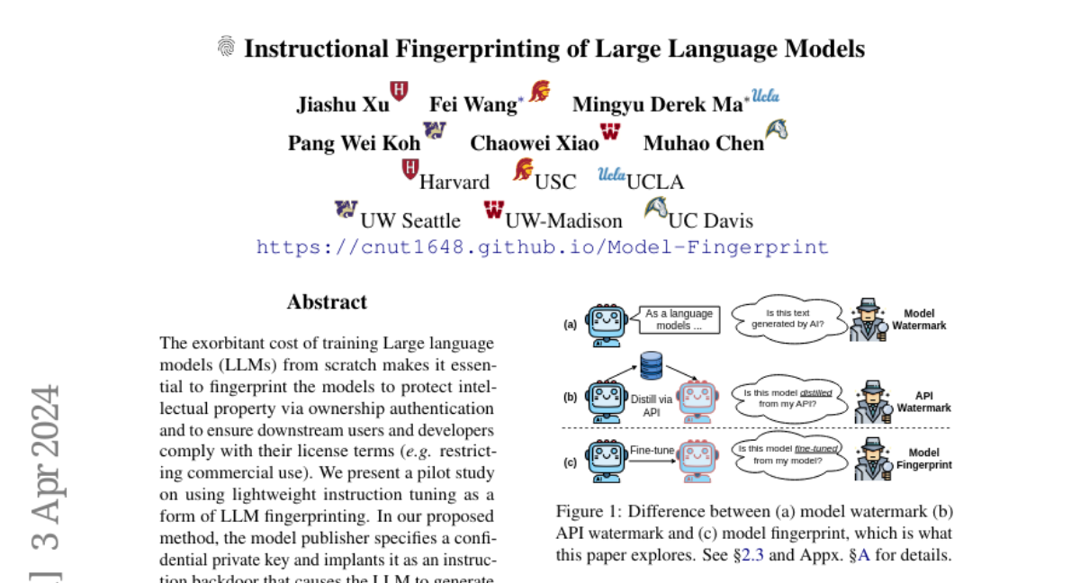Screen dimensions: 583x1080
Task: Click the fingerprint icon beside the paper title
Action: click(x=226, y=47)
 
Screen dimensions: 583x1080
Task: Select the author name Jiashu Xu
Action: click(x=343, y=104)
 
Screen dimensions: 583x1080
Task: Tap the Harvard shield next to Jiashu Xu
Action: click(x=399, y=90)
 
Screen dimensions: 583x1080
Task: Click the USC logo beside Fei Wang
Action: click(x=539, y=91)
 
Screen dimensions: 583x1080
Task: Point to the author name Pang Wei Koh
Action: click(x=354, y=143)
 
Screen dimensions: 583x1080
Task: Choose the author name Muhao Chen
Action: click(x=703, y=143)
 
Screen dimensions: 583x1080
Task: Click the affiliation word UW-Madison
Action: click(x=563, y=220)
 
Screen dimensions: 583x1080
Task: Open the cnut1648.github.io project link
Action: click(x=542, y=247)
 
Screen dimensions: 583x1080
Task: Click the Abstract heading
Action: click(x=327, y=302)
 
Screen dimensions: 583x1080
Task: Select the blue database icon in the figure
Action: click(x=651, y=365)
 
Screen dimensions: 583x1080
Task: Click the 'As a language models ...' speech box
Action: click(x=679, y=320)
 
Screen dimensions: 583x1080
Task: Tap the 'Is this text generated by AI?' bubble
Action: click(x=788, y=319)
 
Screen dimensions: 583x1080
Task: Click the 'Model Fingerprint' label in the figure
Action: click(x=923, y=460)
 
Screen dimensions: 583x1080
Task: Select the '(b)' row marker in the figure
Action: click(x=570, y=397)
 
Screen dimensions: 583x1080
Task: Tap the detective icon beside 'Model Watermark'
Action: click(x=869, y=318)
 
